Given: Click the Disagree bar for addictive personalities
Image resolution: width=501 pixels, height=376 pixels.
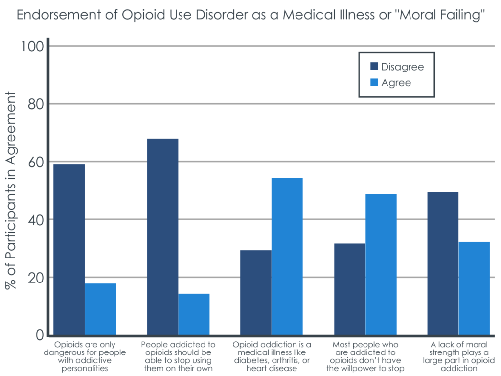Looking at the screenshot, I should [69, 250].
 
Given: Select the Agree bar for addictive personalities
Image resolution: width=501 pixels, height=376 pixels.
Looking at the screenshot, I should [100, 309].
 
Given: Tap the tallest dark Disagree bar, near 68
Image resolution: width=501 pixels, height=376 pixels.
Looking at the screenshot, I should [162, 237].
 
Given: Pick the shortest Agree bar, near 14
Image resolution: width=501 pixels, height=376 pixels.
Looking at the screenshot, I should [194, 314].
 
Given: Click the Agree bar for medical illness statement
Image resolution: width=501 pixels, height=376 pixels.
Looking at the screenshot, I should [287, 257].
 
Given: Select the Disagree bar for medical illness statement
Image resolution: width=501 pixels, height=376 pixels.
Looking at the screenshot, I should [255, 293].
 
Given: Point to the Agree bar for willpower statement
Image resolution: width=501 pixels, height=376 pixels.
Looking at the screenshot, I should [381, 264].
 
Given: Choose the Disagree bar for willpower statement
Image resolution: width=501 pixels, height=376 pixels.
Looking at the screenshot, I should [349, 289].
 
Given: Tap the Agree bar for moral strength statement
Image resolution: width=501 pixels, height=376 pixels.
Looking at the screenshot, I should [474, 288].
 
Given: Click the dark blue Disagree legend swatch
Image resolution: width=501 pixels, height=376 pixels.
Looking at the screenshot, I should [374, 67].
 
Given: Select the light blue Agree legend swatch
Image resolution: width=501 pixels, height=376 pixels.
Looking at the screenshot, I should [374, 83].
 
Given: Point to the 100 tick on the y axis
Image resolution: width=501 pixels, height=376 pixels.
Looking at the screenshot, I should [32, 47].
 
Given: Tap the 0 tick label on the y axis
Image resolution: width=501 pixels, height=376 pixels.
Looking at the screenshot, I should [39, 335].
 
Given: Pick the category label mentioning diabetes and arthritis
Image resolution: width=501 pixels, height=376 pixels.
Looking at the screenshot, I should [272, 356].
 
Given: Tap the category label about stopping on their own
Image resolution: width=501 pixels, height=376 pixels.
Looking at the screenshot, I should [178, 356].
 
